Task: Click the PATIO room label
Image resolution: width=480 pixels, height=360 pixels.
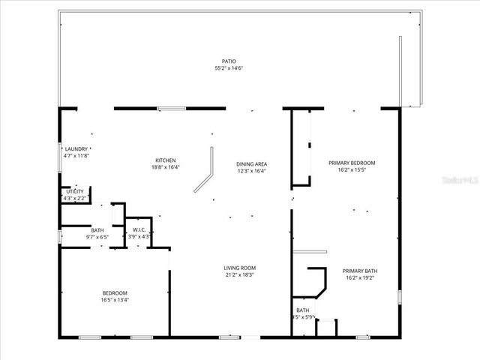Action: tap(229, 61)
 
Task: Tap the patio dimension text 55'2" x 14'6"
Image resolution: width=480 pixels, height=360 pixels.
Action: tap(229, 68)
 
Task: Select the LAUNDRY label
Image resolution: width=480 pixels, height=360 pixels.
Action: tap(76, 148)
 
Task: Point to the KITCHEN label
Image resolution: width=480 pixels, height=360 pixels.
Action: tap(165, 160)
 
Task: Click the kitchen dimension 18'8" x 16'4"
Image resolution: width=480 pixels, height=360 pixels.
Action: tap(165, 167)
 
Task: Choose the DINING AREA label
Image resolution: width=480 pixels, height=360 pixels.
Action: tap(251, 163)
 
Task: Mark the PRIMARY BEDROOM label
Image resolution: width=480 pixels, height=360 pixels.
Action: tap(352, 163)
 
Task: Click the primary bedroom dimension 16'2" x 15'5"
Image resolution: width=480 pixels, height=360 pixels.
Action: tap(352, 169)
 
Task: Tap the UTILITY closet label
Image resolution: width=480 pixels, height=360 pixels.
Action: tap(75, 192)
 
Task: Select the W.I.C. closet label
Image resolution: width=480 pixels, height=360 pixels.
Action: tap(139, 229)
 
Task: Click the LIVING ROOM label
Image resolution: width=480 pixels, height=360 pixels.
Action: tap(240, 268)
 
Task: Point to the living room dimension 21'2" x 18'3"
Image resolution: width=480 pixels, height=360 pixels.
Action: tap(240, 274)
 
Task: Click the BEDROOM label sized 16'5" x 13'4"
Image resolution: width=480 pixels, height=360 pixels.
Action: tap(115, 292)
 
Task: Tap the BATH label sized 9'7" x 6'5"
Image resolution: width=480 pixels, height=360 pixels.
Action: tap(97, 230)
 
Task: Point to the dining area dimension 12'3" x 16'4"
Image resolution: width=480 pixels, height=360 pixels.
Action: tap(251, 170)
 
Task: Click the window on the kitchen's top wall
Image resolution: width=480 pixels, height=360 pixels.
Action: tap(172, 109)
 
